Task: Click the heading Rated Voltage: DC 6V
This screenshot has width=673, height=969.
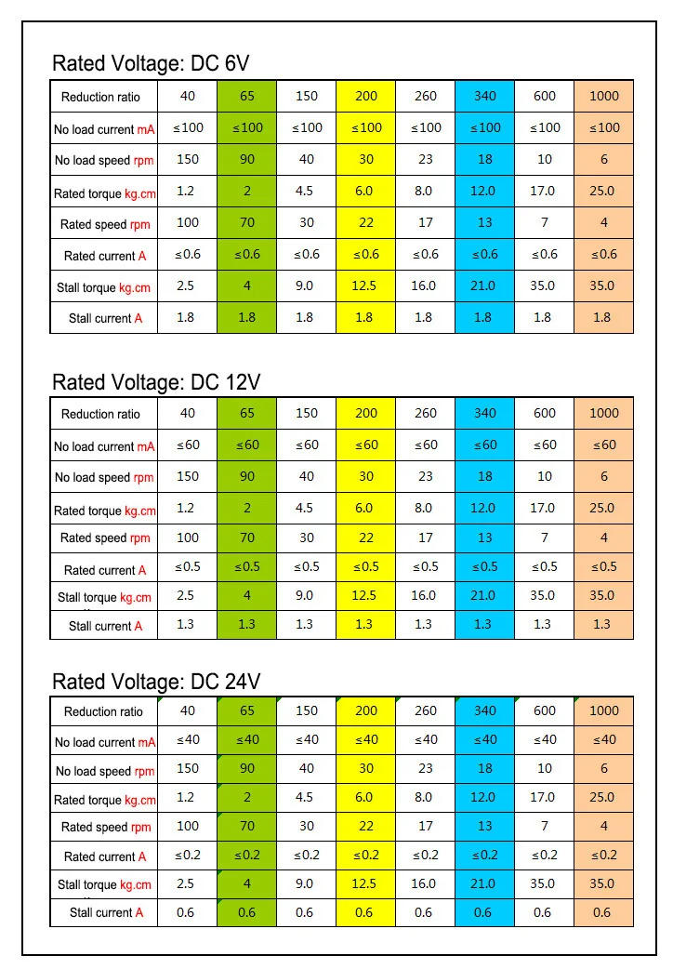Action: tap(151, 63)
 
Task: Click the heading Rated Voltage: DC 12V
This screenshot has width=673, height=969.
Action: tap(156, 382)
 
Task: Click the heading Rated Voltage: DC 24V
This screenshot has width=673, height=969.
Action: tap(156, 682)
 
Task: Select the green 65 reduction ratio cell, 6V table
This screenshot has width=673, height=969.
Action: tap(247, 96)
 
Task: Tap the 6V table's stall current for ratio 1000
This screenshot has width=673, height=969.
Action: tap(603, 317)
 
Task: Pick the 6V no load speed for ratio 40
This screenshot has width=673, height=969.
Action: tap(188, 159)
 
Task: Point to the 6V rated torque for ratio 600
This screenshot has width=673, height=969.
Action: tap(545, 191)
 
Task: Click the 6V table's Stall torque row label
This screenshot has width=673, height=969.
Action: tap(104, 287)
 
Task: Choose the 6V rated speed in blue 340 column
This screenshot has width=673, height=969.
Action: tap(485, 223)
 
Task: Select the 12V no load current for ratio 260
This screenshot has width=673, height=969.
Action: tap(426, 445)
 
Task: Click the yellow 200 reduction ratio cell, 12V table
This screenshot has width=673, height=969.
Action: tap(366, 413)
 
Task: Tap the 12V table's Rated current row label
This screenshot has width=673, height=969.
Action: tap(104, 569)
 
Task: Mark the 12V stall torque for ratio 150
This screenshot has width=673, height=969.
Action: tap(306, 595)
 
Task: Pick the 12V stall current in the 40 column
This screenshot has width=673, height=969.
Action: tap(186, 625)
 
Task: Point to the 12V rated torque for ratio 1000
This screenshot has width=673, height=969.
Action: tap(603, 508)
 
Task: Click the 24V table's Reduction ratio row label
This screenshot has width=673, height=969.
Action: tap(104, 711)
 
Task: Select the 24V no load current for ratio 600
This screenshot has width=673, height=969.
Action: tap(545, 739)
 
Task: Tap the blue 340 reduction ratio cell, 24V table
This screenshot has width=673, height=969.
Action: tap(485, 710)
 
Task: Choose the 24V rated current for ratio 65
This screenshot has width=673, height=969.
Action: tap(247, 856)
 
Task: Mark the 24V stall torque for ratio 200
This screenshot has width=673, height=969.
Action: tap(366, 883)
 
